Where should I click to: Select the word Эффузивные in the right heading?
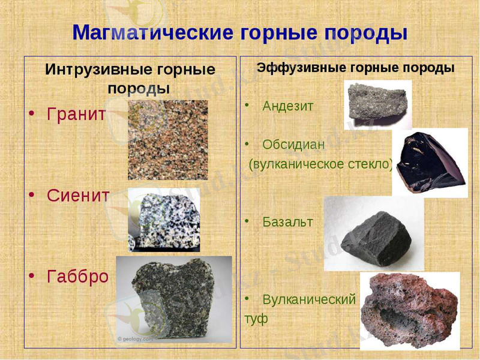click(298, 68)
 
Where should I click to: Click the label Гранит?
click(76, 114)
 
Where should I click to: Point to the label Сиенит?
click(78, 196)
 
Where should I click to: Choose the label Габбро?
click(77, 277)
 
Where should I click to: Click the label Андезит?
click(288, 106)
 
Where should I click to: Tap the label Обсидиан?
click(293, 145)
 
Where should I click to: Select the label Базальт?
click(287, 222)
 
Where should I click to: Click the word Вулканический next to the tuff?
click(309, 299)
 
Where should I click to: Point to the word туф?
click(256, 319)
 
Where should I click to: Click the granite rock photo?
click(167, 140)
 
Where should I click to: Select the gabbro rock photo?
click(173, 299)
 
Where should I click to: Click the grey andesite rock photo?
click(377, 104)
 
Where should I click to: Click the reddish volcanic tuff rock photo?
click(410, 309)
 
